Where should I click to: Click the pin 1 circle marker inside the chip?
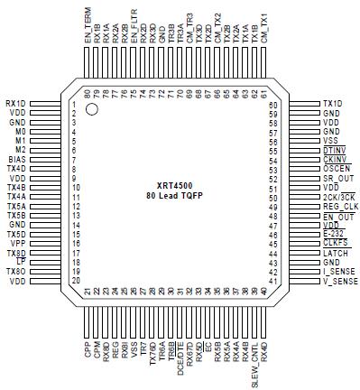[91, 110]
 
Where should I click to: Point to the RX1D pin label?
[15, 103]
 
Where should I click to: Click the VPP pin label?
[17, 244]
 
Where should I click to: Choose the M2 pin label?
[20, 150]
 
